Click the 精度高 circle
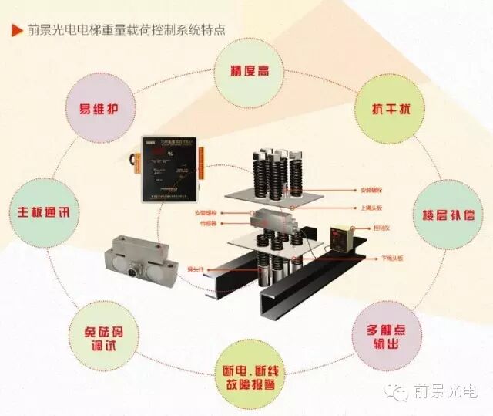click(248, 72)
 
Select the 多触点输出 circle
click(388, 338)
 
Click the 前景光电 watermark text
click(446, 392)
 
